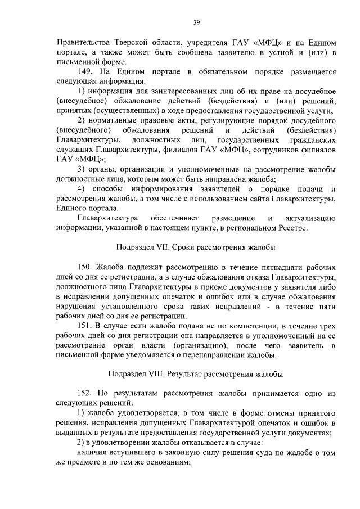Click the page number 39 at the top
pyautogui.click(x=196, y=22)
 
